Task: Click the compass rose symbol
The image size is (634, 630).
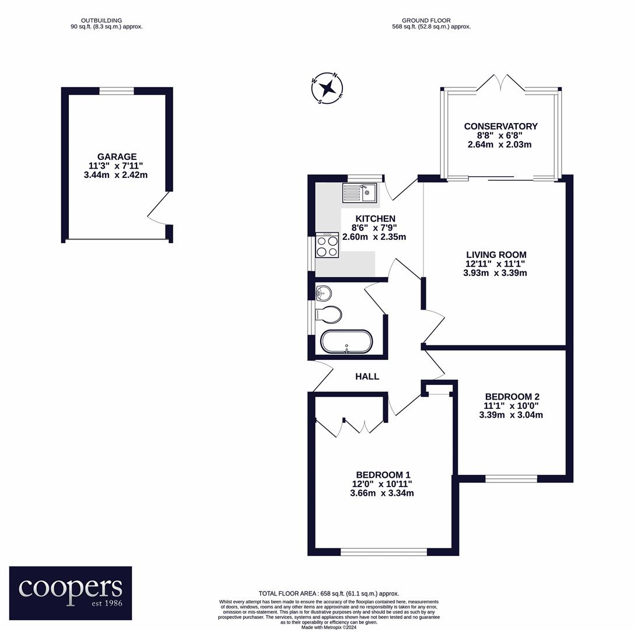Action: (x=327, y=87)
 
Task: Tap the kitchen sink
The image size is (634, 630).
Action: (x=359, y=193)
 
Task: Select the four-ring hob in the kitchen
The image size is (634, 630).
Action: (x=327, y=245)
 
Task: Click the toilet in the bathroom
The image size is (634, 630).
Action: (x=328, y=314)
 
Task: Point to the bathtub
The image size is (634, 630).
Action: (x=346, y=342)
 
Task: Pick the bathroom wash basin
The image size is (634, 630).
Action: (x=324, y=293)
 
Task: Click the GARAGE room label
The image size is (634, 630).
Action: (x=117, y=156)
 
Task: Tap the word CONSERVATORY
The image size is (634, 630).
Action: (x=500, y=126)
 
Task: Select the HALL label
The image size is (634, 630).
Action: (x=367, y=376)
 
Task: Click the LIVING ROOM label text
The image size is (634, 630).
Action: (x=496, y=255)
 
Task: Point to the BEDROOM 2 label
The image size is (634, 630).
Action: (x=512, y=397)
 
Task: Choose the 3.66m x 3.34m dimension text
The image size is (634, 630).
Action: (x=381, y=493)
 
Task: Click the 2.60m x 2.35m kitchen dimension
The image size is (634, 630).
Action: (x=374, y=237)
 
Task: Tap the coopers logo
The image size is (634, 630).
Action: (x=71, y=593)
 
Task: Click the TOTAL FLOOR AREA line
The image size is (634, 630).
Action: (x=329, y=594)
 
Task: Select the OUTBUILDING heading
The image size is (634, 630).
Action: (x=101, y=20)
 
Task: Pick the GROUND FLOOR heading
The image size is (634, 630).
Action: (x=426, y=20)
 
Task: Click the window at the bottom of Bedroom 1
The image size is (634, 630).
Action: (x=384, y=552)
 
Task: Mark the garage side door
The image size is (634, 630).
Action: (x=159, y=208)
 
